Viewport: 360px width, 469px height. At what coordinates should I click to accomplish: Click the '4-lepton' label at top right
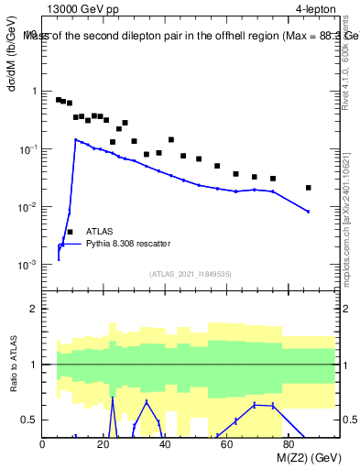[314, 9]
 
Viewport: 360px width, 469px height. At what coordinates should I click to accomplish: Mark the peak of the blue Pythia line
[76, 140]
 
